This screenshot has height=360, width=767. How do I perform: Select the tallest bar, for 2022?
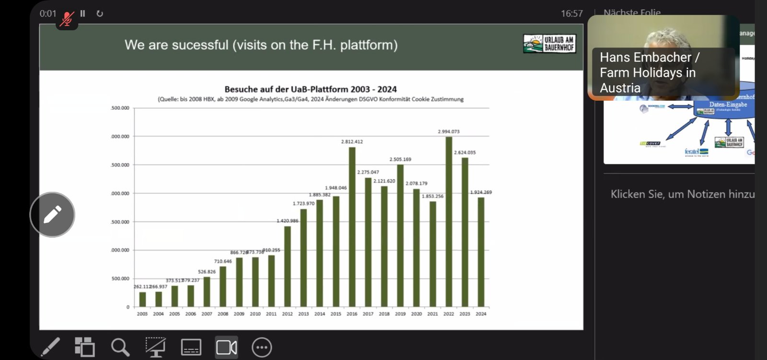point(449,221)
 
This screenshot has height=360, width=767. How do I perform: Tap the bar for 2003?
point(142,299)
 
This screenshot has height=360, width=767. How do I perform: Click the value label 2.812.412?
point(352,142)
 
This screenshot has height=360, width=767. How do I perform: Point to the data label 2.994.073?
point(449,131)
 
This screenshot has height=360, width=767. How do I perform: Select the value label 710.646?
point(223,261)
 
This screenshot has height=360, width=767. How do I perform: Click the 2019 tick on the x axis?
point(400,314)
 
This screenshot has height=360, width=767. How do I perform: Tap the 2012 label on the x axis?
point(287,314)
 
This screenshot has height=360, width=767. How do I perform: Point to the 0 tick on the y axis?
point(128,307)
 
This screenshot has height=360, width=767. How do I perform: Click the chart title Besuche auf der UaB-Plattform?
point(311,89)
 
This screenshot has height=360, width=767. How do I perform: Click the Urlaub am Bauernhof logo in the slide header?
point(549,44)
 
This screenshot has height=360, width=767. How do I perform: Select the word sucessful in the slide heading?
point(200,45)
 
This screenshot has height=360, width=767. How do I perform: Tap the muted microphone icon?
point(67,19)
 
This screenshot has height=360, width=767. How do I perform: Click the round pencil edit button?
point(52,215)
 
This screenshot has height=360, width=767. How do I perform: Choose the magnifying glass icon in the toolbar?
point(120,348)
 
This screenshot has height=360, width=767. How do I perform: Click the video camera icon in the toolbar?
point(226,348)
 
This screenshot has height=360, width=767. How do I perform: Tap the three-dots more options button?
point(262,348)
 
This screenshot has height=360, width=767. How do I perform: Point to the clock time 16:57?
point(572,14)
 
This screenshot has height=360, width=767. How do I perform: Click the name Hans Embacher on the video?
point(645,58)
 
